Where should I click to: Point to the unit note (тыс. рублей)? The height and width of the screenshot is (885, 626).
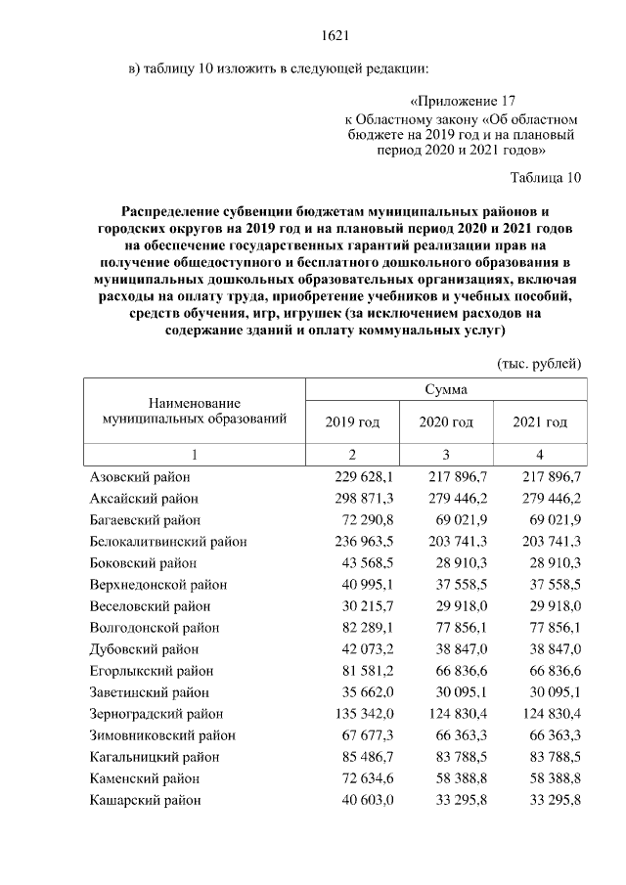[x=540, y=363]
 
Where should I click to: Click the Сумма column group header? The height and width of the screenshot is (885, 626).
[x=446, y=388]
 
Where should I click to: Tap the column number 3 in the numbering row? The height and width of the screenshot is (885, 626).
[x=446, y=455]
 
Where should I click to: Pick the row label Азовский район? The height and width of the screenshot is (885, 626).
[x=139, y=476]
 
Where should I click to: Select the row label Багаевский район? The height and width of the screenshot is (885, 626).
[x=145, y=519]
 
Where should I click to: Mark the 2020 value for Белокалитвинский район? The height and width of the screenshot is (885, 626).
[x=457, y=541]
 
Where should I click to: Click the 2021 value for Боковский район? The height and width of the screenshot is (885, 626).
[x=554, y=562]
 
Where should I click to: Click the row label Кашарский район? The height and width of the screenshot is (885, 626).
[x=145, y=799]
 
